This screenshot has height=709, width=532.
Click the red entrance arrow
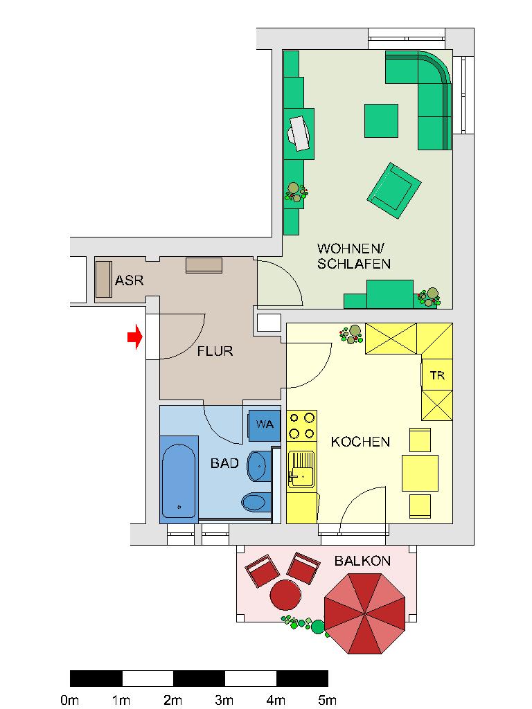tap(134, 338)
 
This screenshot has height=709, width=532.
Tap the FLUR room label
tap(215, 352)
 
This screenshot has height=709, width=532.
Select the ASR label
tap(129, 281)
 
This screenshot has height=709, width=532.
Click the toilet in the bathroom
tap(254, 501)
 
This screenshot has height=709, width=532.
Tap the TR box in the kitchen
tap(437, 376)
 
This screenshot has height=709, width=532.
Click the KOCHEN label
tap(360, 442)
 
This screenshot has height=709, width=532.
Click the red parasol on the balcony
tap(364, 613)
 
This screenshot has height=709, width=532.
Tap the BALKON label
tap(362, 561)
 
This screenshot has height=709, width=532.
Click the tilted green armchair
tap(393, 190)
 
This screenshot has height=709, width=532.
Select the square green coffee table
tap(381, 121)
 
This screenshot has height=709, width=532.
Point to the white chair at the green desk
tap(301, 132)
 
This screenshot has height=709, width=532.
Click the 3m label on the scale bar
tap(224, 700)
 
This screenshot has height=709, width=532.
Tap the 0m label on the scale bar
tap(69, 700)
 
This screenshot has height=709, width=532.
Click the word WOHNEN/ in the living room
tap(350, 249)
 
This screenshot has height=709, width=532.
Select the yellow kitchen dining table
tap(420, 473)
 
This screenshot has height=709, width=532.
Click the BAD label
tap(224, 463)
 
